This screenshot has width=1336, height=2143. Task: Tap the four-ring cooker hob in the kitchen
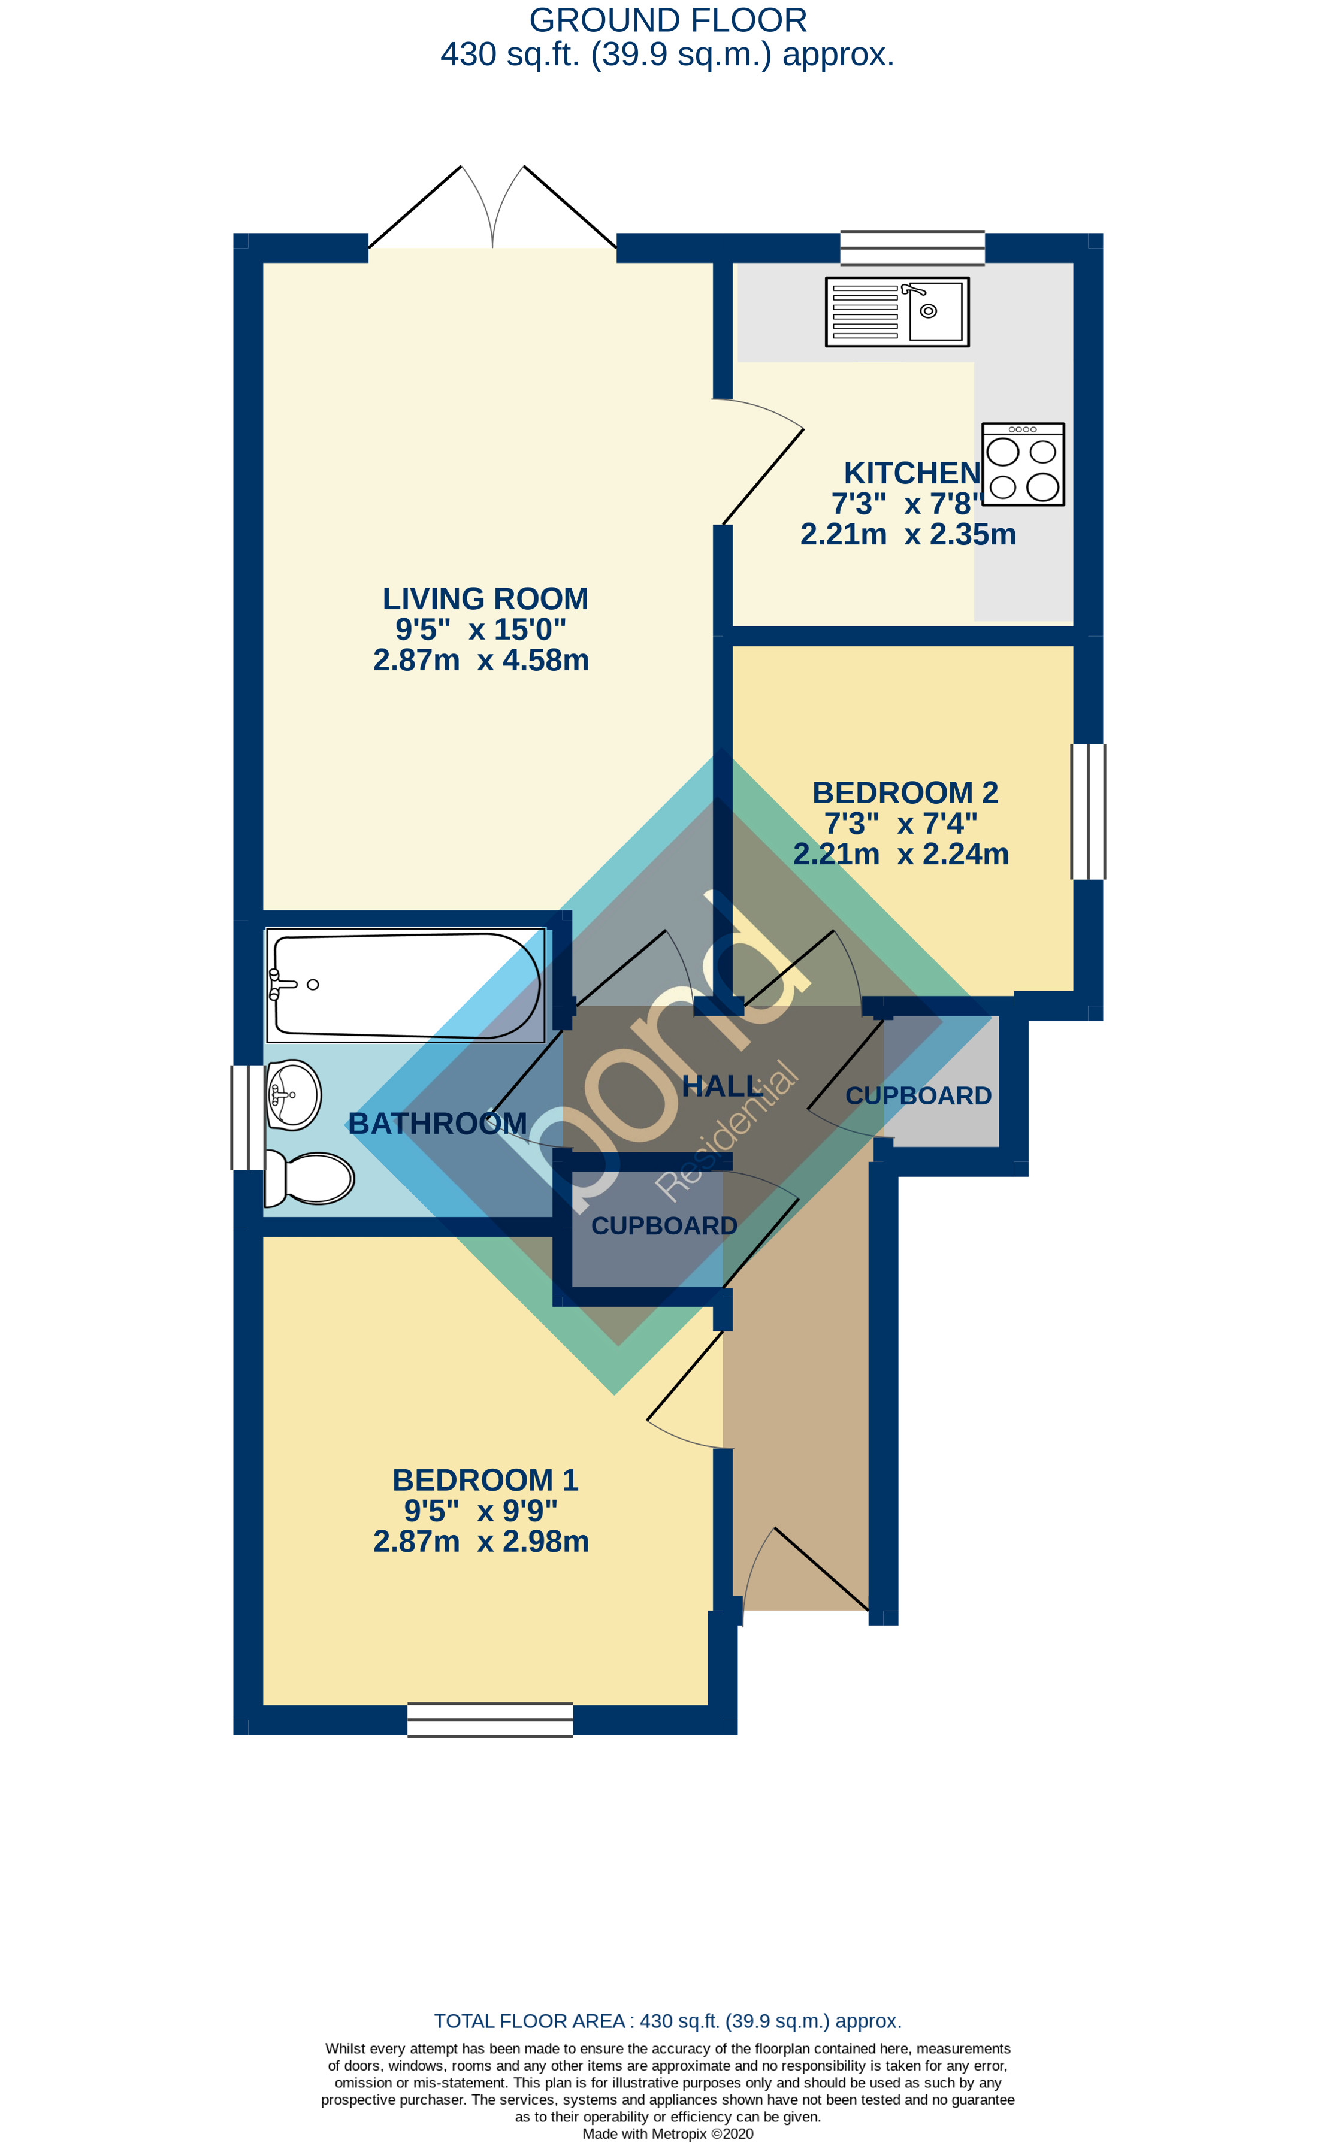[x=1023, y=464]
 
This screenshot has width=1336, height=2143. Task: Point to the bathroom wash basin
[x=294, y=1094]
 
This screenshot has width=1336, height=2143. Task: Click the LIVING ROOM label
[x=485, y=599]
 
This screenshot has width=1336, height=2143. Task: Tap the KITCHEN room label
[x=912, y=474]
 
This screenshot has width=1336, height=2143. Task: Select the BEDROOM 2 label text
[x=905, y=792]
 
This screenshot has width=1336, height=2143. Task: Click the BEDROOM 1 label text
[x=485, y=1479]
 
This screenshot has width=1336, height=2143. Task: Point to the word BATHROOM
[x=437, y=1124]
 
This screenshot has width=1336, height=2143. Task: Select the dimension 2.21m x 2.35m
[x=908, y=534]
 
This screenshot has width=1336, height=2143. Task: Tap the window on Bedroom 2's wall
[x=1088, y=812]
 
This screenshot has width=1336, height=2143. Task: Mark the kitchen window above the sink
[x=912, y=247]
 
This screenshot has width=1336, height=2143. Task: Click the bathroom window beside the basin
[x=247, y=1118]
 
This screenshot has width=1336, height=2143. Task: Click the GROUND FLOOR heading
[x=667, y=19]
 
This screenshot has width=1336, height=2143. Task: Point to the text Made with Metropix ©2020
[x=667, y=2133]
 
